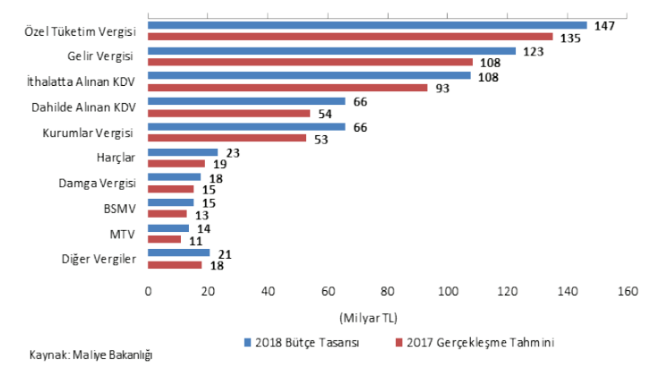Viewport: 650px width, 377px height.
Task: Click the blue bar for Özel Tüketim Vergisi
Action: pos(367,25)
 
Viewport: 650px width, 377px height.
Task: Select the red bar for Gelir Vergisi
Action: pos(310,62)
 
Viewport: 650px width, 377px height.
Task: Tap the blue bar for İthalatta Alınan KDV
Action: pos(309,75)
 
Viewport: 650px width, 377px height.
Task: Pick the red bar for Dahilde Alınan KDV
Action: pos(228,113)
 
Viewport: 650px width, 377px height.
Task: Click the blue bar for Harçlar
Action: pos(183,152)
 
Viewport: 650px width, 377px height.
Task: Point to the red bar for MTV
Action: pos(164,240)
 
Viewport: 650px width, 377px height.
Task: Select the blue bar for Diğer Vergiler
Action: pos(178,253)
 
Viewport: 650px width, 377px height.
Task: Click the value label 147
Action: pos(604,26)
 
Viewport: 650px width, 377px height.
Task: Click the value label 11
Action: pos(196,241)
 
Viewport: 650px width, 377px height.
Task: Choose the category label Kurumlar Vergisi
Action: pos(89,133)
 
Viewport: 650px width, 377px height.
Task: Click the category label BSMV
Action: pos(119,209)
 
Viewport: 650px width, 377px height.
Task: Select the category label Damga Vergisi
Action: pos(98,184)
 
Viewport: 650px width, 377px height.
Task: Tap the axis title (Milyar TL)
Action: pos(369,317)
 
